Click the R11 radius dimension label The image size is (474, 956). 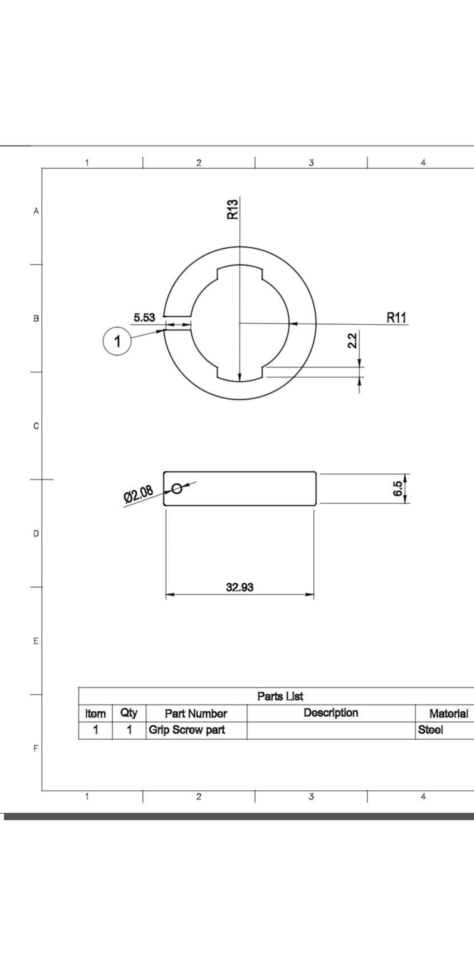(396, 318)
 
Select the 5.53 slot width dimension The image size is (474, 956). (144, 318)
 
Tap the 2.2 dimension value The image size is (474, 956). (352, 340)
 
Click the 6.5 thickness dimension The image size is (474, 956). (398, 488)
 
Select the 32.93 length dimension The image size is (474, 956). (239, 587)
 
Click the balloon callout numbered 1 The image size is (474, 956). (117, 341)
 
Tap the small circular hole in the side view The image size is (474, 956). (177, 488)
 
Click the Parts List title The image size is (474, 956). (280, 696)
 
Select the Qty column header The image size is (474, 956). (129, 713)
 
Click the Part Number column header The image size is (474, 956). (196, 713)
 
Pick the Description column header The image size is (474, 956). (331, 713)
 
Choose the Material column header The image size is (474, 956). (448, 713)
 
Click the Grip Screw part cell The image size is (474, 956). (187, 730)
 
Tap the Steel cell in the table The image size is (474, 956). (430, 730)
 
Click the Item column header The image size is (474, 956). (95, 713)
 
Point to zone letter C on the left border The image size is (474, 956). (36, 426)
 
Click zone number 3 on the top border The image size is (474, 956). (311, 163)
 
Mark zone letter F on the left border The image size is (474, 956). (36, 748)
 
